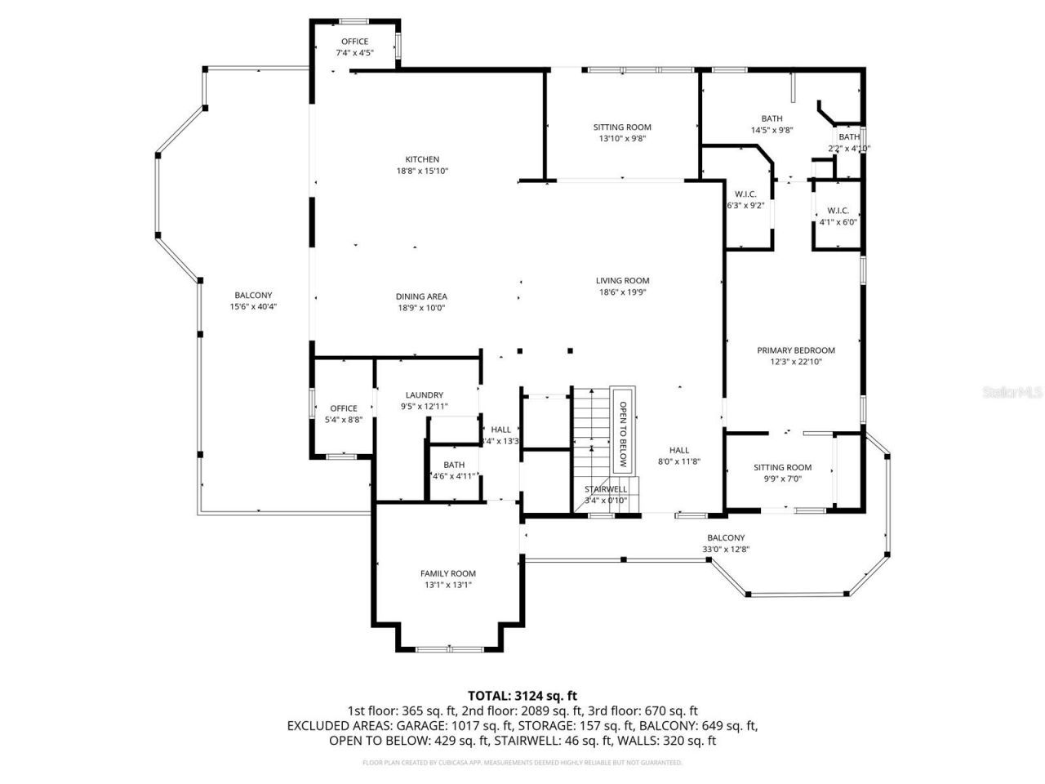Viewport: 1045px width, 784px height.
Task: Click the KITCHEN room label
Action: (422, 159)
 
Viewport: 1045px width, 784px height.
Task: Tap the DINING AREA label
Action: (422, 296)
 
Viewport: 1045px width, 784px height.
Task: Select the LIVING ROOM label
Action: (622, 281)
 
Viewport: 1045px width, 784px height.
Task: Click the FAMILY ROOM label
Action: (447, 573)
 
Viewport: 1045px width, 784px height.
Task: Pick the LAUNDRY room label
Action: (424, 395)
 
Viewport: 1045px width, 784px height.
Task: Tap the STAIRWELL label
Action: (606, 489)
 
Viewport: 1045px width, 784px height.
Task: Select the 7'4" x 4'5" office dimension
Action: (354, 52)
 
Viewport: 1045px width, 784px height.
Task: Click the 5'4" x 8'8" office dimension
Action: (344, 420)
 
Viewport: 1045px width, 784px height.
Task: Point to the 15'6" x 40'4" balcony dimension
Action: (253, 307)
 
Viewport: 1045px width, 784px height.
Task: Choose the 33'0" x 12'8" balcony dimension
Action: (726, 549)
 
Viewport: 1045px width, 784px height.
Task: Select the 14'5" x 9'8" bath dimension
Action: (772, 130)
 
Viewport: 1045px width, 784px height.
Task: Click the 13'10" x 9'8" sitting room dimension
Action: (622, 139)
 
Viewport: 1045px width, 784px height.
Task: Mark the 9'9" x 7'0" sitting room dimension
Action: (782, 479)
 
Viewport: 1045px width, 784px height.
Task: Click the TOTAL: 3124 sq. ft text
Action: (522, 696)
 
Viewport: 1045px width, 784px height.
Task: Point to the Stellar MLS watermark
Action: (1012, 393)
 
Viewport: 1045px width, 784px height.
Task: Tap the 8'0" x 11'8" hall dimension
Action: (679, 461)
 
